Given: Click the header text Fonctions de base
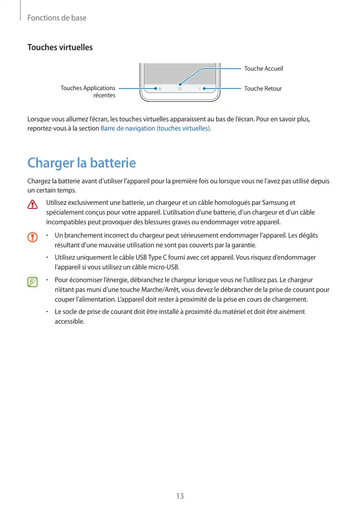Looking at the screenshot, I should (x=56, y=18).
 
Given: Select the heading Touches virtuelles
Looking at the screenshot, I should (x=60, y=48).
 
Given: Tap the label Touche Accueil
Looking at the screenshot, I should (x=263, y=69).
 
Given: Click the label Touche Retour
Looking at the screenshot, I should (x=263, y=89).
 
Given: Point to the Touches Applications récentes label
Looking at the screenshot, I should (x=88, y=92).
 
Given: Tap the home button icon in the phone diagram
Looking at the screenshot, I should (x=180, y=89).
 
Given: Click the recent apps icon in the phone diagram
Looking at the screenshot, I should (x=159, y=89).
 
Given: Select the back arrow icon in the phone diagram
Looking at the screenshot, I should (x=200, y=89).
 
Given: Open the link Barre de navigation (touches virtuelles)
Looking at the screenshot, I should (x=156, y=128).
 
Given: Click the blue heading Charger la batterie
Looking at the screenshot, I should (x=81, y=163).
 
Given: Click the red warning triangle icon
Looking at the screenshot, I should (x=33, y=204).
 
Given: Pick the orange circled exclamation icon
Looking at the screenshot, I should (x=33, y=237).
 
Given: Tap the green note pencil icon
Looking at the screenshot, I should (x=33, y=282).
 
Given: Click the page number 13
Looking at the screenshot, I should (x=180, y=496).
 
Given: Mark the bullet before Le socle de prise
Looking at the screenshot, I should (x=47, y=311).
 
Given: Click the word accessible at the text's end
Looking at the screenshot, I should (x=69, y=321).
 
